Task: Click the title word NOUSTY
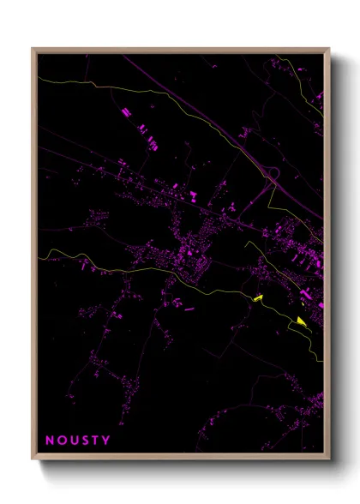pos(77,441)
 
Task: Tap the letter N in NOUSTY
pos(49,441)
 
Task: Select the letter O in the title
pos(61,441)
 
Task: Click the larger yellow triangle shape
pos(301,321)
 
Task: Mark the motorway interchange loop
pos(273,176)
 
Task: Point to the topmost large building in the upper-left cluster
pos(125,111)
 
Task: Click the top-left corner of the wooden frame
pos(33,49)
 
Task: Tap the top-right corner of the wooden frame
pos(329,49)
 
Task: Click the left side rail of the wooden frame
pos(34,257)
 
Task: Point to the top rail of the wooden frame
pos(180,50)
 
